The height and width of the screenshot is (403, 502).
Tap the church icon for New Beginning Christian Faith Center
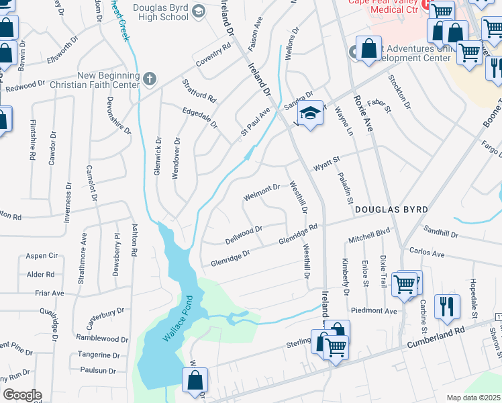pyautogui.click(x=149, y=79)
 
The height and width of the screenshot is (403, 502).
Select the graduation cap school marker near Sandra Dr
pyautogui.click(x=309, y=115)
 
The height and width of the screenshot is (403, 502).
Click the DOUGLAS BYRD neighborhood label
pyautogui.click(x=391, y=210)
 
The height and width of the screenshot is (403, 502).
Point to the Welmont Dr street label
pyautogui.click(x=262, y=192)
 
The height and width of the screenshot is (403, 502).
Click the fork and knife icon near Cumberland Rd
pyautogui.click(x=447, y=306)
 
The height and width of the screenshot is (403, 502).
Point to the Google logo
pyautogui.click(x=22, y=395)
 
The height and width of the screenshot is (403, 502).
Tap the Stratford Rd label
pyautogui.click(x=199, y=91)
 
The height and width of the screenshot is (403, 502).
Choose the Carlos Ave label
pyautogui.click(x=427, y=255)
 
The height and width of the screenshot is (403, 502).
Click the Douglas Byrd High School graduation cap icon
pyautogui.click(x=199, y=11)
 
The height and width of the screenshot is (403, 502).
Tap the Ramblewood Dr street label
pyautogui.click(x=102, y=339)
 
